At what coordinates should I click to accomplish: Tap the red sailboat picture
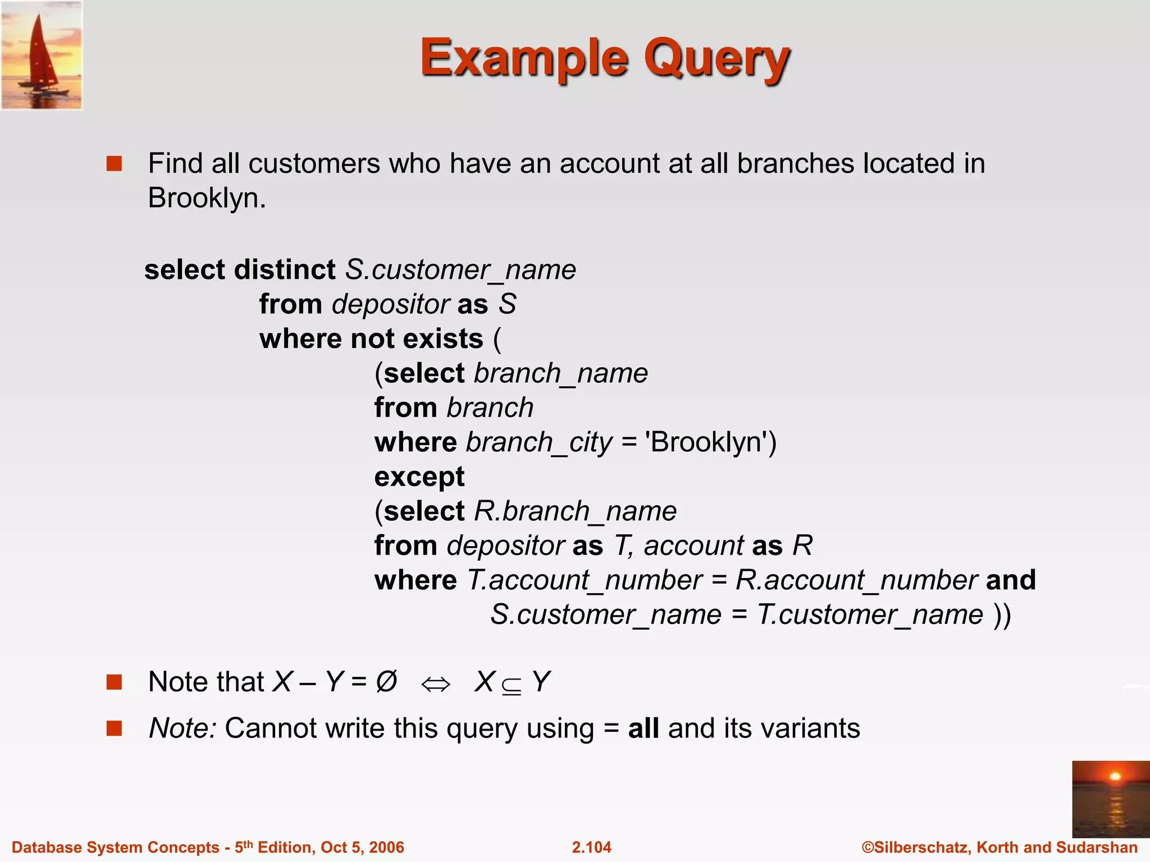(x=42, y=55)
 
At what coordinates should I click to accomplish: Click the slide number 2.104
(x=591, y=847)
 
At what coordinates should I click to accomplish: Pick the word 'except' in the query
(x=419, y=477)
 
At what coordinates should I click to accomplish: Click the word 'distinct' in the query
(x=285, y=270)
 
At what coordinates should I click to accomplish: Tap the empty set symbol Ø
(x=386, y=682)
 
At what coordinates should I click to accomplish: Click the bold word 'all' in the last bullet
(x=643, y=728)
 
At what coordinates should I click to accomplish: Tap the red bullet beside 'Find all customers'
(x=115, y=164)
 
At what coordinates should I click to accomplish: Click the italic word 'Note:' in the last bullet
(x=182, y=728)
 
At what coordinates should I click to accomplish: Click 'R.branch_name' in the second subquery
(x=576, y=511)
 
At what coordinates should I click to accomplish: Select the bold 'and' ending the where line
(x=1010, y=580)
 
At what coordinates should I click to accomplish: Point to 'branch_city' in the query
(x=539, y=443)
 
